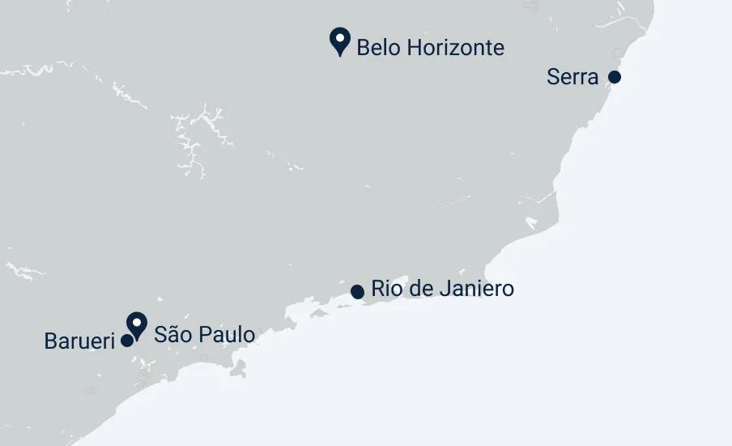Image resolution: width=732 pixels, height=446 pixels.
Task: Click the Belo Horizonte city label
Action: [x=430, y=47]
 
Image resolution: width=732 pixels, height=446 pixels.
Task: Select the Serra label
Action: [x=572, y=77]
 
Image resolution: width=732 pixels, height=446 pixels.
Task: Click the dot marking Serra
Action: [x=615, y=77]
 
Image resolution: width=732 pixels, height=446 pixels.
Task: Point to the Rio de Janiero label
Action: [x=442, y=288]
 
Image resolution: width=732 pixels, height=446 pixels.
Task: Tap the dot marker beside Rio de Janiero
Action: [x=357, y=291]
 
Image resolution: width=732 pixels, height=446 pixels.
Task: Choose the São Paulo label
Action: [x=204, y=334]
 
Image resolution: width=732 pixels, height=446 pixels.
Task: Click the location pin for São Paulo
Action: [x=137, y=325]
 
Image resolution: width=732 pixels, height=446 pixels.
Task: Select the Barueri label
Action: [x=79, y=341]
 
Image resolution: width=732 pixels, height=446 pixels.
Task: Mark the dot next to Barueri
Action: [x=127, y=341]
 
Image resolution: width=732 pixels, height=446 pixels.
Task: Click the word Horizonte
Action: [x=455, y=47]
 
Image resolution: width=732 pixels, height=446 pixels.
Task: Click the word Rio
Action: [x=385, y=288]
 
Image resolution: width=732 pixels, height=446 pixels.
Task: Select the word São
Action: [x=172, y=334]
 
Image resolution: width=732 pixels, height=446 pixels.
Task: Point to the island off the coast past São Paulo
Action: [x=238, y=368]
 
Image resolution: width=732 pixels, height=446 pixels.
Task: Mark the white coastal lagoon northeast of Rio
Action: [x=532, y=221]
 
